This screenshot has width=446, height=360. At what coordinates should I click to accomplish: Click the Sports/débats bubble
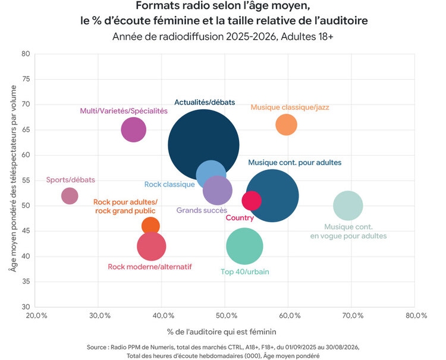[x=70, y=196]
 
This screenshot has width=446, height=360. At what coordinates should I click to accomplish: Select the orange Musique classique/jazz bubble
[x=287, y=125]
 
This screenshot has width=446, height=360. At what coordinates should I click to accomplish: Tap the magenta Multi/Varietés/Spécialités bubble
[x=133, y=130]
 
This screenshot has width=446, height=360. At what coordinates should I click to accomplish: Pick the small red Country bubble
[x=252, y=201]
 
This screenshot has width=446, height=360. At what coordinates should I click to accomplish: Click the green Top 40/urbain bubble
[x=244, y=246]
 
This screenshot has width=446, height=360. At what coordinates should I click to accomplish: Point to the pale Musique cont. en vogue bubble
[x=348, y=206]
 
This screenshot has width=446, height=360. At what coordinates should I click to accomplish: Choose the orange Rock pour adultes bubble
[x=150, y=225]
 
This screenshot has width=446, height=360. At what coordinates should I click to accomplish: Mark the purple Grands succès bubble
[x=218, y=190]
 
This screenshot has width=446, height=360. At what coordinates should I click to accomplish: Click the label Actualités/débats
[x=205, y=102]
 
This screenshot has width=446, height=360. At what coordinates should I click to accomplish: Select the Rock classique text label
[x=169, y=184]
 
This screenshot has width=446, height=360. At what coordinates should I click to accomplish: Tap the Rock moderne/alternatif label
[x=150, y=267]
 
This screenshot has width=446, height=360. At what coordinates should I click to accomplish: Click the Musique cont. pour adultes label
[x=295, y=163]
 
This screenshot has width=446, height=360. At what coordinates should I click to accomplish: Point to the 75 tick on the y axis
[x=26, y=79]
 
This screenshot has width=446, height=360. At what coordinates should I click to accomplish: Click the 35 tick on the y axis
[x=26, y=282]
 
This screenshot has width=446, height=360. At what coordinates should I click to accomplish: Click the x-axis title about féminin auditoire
[x=222, y=332]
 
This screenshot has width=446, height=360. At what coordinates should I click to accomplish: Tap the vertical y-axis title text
[x=13, y=178]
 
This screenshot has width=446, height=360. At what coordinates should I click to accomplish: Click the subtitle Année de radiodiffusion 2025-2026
[x=223, y=37]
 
